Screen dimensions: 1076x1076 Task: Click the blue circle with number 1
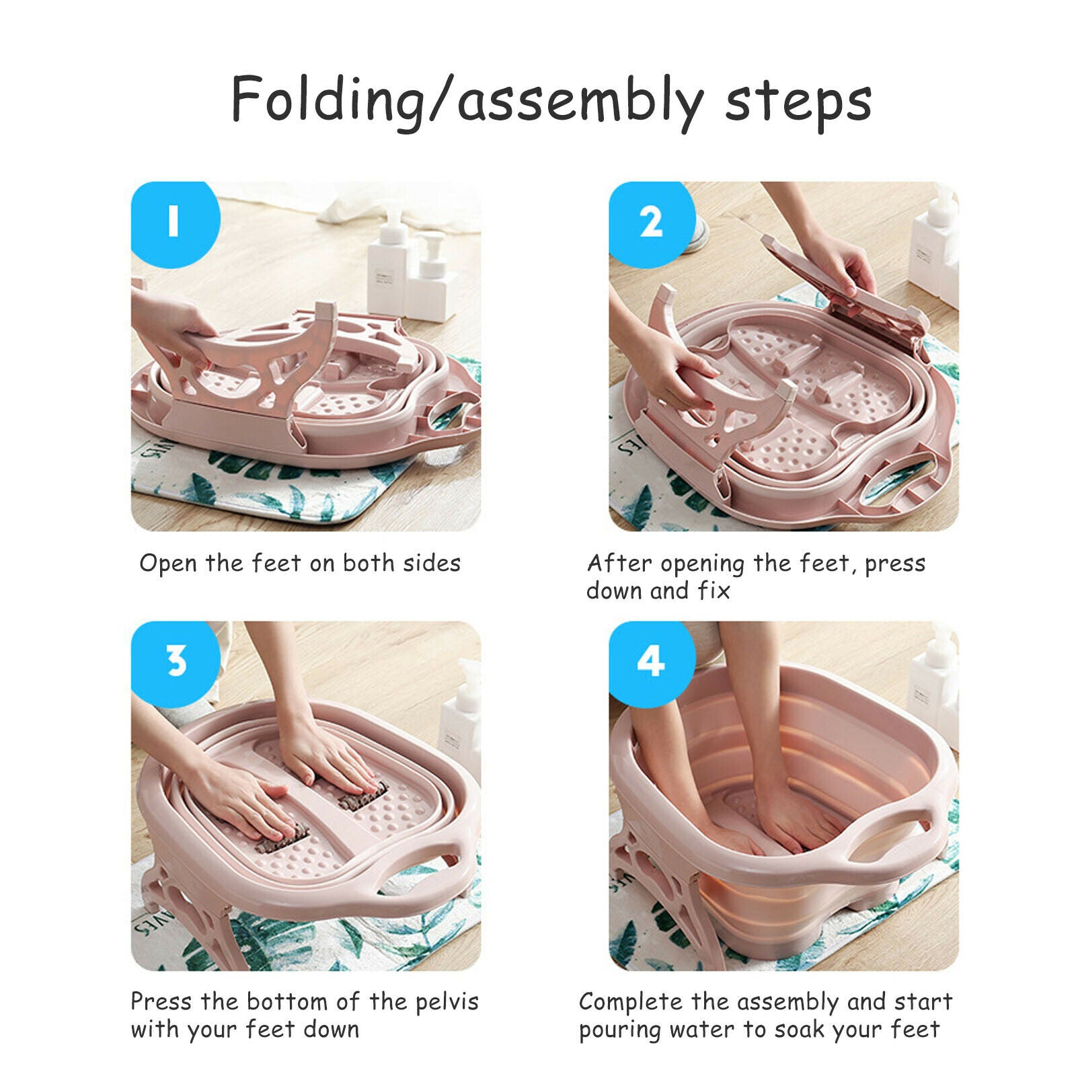click(175, 223)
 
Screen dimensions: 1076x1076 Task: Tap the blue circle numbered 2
click(652, 223)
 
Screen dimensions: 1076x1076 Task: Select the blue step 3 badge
click(175, 662)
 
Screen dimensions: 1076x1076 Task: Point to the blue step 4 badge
click(652, 662)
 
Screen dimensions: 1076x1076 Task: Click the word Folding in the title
click(328, 100)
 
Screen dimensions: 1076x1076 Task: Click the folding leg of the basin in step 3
click(185, 915)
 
